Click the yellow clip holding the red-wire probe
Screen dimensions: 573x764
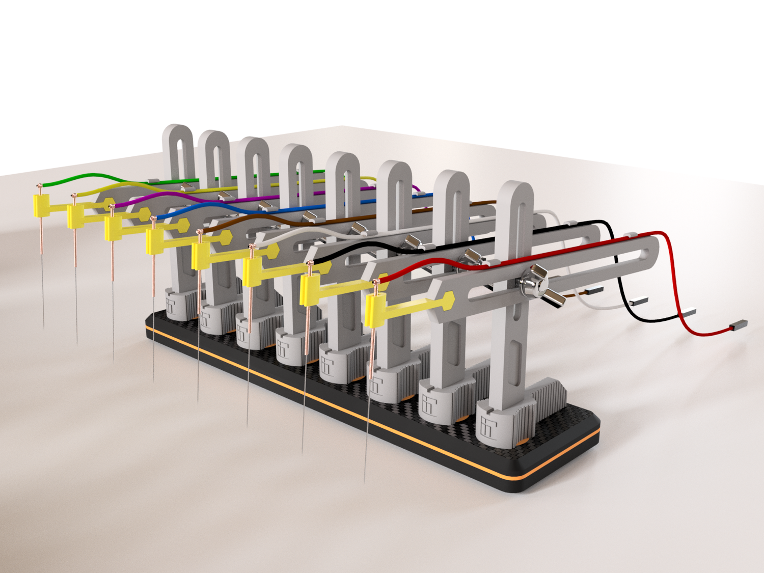[376, 311]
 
